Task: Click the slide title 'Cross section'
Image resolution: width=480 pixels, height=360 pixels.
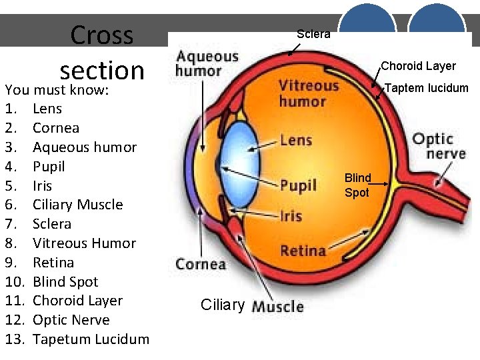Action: coord(101,52)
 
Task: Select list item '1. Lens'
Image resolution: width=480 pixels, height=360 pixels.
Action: coord(47,109)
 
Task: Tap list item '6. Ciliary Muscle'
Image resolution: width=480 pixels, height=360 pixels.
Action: coord(77,205)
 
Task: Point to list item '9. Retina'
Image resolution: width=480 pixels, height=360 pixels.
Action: coord(53,263)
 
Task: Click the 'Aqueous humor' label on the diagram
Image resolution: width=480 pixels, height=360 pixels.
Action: coord(207,64)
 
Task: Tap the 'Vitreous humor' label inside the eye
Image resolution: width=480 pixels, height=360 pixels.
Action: coord(308,93)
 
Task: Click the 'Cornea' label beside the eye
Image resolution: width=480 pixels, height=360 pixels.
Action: coord(201,264)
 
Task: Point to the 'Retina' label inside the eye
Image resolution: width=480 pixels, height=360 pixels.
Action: coord(303,251)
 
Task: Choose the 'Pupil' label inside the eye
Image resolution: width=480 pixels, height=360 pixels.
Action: coord(298,185)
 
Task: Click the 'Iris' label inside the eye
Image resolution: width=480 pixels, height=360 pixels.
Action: coord(291,216)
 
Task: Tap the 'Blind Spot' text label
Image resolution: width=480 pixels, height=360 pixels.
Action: coord(357,185)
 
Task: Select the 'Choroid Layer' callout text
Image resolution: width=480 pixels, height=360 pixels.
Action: coord(418,66)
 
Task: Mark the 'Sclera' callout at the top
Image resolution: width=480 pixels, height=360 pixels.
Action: coord(313,34)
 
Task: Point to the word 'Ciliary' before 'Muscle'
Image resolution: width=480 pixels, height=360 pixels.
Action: coord(223,305)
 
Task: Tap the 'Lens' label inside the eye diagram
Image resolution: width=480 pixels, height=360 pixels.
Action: coord(296,140)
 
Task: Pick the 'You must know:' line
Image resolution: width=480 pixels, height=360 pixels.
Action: coord(56,90)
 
